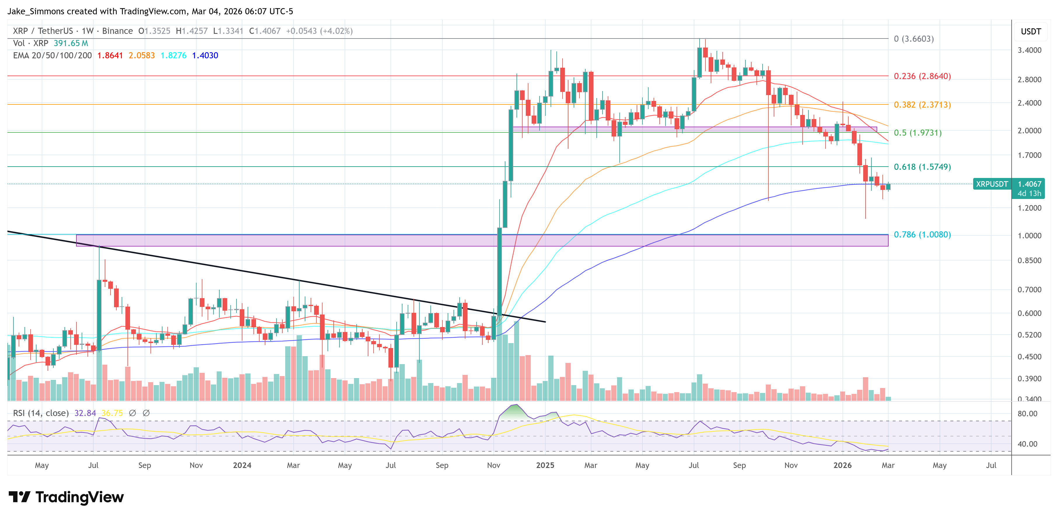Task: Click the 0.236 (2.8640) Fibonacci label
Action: click(922, 76)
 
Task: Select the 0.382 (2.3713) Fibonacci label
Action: click(922, 104)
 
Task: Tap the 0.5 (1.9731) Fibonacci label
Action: click(917, 132)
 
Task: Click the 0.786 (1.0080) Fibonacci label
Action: click(922, 234)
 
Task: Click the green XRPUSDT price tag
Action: click(992, 184)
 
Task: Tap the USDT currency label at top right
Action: click(1031, 32)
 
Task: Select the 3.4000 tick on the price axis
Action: click(1029, 50)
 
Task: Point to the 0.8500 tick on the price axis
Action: click(1029, 260)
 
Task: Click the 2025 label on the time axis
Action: click(545, 465)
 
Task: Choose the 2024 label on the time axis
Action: click(242, 465)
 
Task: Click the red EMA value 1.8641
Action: click(110, 55)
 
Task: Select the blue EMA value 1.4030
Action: click(205, 55)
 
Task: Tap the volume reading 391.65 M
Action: click(71, 43)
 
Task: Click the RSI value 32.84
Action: click(85, 413)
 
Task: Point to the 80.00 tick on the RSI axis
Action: click(1027, 413)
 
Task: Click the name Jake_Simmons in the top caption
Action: click(36, 11)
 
